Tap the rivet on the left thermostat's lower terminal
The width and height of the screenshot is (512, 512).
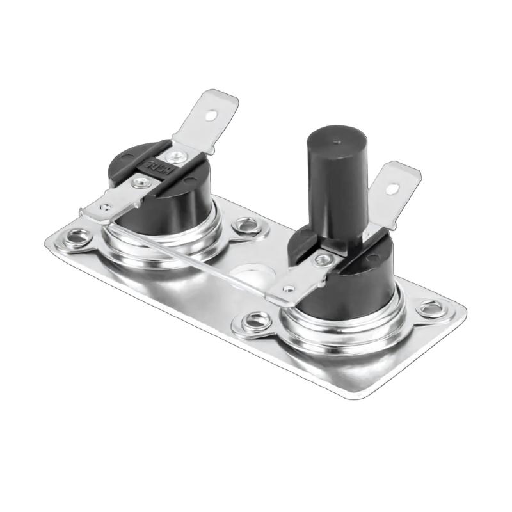138,182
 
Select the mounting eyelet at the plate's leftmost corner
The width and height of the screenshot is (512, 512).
78,237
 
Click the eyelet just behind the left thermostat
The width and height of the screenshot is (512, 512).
244,224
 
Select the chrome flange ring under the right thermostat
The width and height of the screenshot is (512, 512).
346,336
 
